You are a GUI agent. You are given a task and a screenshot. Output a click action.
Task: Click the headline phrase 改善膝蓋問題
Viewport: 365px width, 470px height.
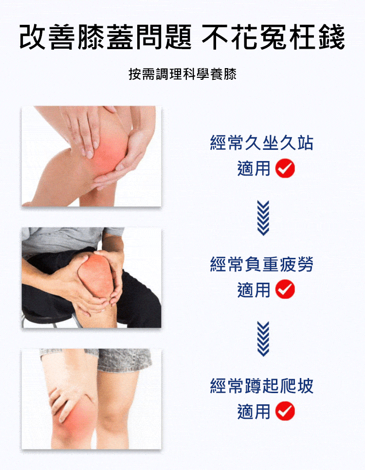click(106, 36)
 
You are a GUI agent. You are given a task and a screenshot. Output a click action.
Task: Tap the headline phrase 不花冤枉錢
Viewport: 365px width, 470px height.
click(273, 36)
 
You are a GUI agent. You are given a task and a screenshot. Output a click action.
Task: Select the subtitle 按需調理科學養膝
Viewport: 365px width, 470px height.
click(182, 74)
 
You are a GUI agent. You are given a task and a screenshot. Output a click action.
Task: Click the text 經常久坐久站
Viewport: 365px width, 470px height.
click(262, 143)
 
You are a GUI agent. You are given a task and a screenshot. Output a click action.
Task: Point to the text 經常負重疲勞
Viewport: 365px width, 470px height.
click(262, 264)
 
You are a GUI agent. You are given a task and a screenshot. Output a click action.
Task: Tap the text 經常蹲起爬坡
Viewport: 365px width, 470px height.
click(262, 386)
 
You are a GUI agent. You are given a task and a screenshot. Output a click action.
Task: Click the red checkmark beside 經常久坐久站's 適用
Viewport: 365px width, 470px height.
click(285, 168)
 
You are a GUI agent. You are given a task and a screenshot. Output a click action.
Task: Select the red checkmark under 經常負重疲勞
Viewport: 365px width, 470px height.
click(285, 289)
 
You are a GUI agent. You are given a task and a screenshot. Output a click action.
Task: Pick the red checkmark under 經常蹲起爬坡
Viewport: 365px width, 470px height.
click(285, 411)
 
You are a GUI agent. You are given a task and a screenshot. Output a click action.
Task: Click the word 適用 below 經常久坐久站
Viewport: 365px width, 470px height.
click(254, 168)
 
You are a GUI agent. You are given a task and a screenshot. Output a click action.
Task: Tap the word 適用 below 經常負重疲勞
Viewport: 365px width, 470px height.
click(254, 289)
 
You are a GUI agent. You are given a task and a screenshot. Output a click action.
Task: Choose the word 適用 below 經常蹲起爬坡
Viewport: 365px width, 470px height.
click(254, 411)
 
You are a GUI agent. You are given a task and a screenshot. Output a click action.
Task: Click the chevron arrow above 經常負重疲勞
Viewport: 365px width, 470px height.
click(263, 218)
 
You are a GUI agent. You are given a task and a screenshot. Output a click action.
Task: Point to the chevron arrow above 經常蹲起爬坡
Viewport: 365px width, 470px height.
click(263, 339)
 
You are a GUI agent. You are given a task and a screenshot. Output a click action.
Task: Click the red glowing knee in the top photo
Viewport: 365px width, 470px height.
click(109, 153)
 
